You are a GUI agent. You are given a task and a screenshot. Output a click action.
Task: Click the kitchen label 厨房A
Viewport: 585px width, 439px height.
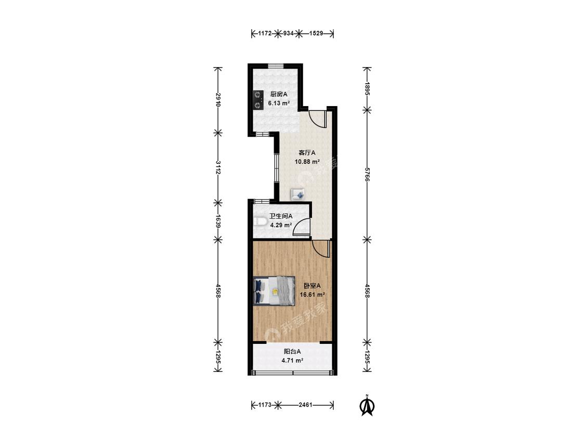tap(279, 94)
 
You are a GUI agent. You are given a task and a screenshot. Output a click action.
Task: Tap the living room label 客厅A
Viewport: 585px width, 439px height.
tap(307, 153)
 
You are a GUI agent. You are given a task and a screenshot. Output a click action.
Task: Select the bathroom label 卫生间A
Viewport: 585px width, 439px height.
tap(281, 216)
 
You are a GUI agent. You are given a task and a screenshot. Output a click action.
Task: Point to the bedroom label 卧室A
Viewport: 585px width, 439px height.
tap(313, 286)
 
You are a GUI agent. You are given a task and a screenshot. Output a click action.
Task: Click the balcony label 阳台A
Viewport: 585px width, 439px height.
tap(292, 351)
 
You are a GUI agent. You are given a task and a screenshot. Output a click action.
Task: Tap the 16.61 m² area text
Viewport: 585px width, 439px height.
tap(313, 294)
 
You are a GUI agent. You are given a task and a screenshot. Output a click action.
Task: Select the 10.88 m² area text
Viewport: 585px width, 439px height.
tap(307, 162)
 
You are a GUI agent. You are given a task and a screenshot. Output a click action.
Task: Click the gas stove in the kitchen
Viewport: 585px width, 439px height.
tap(257, 100)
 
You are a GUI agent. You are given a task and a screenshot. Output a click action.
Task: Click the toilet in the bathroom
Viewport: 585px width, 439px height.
tap(259, 223)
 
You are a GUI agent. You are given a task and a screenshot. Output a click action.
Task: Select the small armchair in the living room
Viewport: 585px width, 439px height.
tap(298, 195)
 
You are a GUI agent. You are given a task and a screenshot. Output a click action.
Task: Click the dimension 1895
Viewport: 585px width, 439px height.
tap(367, 89)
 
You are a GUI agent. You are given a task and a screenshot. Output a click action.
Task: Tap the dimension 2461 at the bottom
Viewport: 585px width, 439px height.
tap(306, 405)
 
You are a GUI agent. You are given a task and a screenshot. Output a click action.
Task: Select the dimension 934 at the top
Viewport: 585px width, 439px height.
tap(288, 33)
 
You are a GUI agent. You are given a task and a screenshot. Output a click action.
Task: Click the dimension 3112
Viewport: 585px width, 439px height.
tap(218, 168)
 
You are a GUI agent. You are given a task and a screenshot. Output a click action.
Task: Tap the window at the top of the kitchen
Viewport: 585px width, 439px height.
tap(276, 66)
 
